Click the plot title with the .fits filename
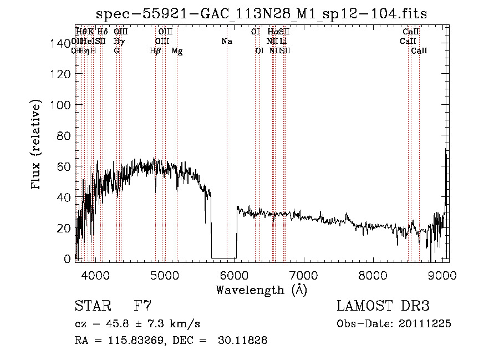tap(262, 13)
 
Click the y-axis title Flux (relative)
tap(37, 145)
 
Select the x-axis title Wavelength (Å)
tap(261, 290)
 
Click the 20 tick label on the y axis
tap(65, 228)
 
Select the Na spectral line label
tap(226, 42)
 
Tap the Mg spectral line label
tap(177, 51)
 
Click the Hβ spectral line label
tap(155, 51)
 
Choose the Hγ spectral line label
tap(118, 42)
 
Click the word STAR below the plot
tap(92, 306)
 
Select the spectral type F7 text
tap(143, 306)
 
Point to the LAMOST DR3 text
tap(383, 306)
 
